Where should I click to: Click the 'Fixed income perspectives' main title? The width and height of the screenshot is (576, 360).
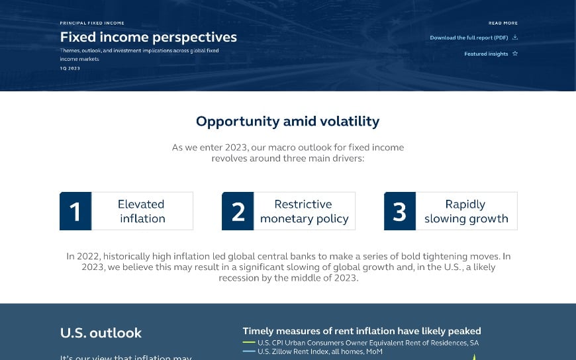pyautogui.click(x=148, y=37)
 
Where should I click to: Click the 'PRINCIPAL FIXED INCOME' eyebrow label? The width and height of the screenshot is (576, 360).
pyautogui.click(x=92, y=23)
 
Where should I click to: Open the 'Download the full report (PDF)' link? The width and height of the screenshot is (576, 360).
pyautogui.click(x=469, y=38)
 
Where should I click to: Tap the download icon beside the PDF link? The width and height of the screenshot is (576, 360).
pyautogui.click(x=515, y=38)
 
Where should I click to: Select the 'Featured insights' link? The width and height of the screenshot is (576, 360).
pyautogui.click(x=486, y=54)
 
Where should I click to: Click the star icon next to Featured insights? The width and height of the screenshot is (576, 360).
pyautogui.click(x=515, y=54)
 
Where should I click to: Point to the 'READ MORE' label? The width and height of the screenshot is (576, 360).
pyautogui.click(x=503, y=23)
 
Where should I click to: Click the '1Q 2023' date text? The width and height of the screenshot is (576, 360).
pyautogui.click(x=70, y=68)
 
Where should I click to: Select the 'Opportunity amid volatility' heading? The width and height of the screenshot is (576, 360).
pyautogui.click(x=287, y=121)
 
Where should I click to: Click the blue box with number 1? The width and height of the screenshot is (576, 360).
pyautogui.click(x=75, y=211)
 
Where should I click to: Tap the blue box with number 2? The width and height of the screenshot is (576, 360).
pyautogui.click(x=238, y=211)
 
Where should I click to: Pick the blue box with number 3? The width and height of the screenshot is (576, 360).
pyautogui.click(x=400, y=211)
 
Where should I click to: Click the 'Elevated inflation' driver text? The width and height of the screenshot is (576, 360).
pyautogui.click(x=142, y=211)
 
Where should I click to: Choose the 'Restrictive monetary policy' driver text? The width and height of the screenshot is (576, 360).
pyautogui.click(x=304, y=211)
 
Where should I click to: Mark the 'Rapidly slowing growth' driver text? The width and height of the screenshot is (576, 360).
pyautogui.click(x=466, y=211)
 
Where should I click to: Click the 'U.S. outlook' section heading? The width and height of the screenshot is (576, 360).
pyautogui.click(x=101, y=333)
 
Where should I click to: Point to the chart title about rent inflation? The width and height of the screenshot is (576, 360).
pyautogui.click(x=361, y=331)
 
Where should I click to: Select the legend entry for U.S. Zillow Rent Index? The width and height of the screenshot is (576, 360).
pyautogui.click(x=319, y=351)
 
